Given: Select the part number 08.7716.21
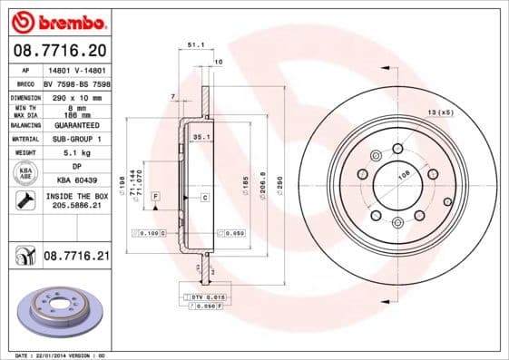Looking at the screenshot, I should click(x=76, y=258).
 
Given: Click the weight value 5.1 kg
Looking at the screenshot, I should click(x=76, y=153).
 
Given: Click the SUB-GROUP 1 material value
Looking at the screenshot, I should click(x=76, y=139).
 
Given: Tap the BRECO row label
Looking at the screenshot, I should click(x=25, y=83).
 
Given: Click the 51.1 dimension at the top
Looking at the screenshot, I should click(x=194, y=44).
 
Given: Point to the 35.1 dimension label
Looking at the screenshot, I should click(x=201, y=137).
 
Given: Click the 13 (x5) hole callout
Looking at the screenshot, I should click(x=441, y=112).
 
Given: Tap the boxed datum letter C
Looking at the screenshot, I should click(x=204, y=197).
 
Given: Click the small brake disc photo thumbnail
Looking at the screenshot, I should click(x=58, y=310).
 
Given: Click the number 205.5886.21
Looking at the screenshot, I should click(x=76, y=207).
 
